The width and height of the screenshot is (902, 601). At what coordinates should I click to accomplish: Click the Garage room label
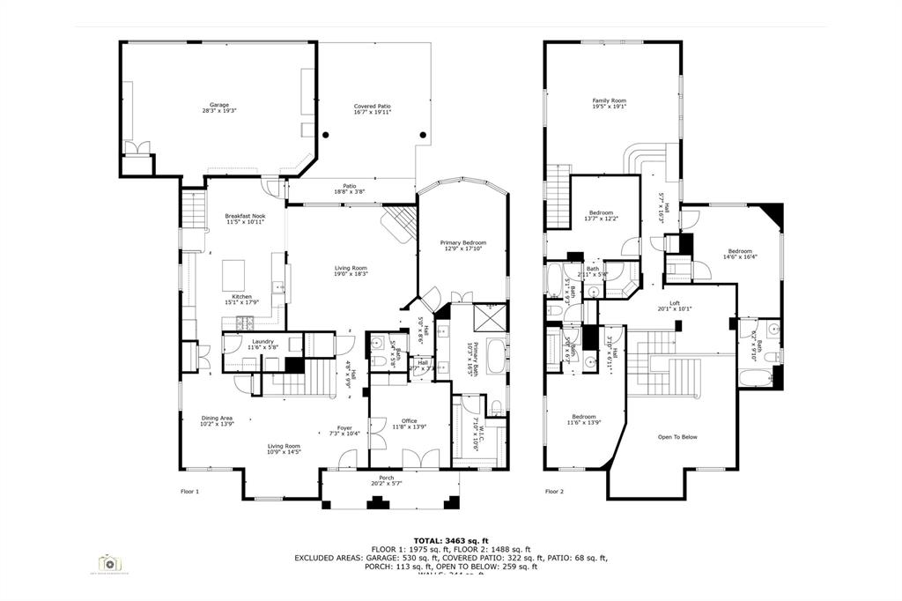click(x=219, y=105)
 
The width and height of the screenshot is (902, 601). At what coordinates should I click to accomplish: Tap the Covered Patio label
click(x=373, y=106)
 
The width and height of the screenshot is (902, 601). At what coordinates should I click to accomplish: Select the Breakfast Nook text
click(x=245, y=216)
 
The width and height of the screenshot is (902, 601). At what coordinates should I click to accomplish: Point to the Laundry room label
click(x=262, y=342)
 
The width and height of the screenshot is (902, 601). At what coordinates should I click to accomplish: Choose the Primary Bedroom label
click(x=463, y=242)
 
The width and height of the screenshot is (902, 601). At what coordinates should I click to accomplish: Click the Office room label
click(x=410, y=421)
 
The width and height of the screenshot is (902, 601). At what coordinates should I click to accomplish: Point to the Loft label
click(x=675, y=303)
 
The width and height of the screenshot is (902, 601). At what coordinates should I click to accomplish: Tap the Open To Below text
click(x=677, y=437)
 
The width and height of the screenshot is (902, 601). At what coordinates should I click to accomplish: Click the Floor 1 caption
click(x=189, y=492)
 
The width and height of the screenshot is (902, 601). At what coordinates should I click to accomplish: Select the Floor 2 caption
click(x=554, y=492)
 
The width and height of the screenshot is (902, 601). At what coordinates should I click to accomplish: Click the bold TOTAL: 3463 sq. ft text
click(x=450, y=540)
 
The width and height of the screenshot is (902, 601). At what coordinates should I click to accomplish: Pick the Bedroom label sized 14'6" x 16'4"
click(x=740, y=250)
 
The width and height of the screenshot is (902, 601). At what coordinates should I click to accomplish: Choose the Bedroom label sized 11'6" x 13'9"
click(x=583, y=417)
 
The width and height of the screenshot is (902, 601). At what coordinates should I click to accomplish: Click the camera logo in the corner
click(x=110, y=563)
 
